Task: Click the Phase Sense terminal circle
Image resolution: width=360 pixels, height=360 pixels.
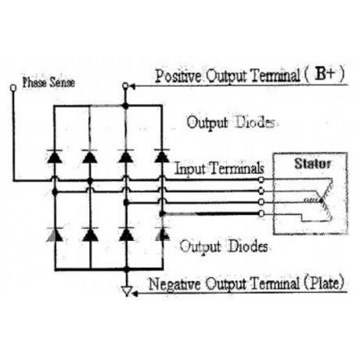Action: pyautogui.click(x=13, y=88)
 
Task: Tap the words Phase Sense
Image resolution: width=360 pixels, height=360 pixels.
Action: pyautogui.click(x=49, y=82)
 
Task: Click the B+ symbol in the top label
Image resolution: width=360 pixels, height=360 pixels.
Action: pyautogui.click(x=325, y=74)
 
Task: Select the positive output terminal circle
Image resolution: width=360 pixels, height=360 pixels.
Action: pyautogui.click(x=125, y=85)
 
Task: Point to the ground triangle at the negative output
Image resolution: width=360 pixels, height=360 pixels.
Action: pyautogui.click(x=127, y=291)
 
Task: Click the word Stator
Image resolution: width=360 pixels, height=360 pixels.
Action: pyautogui.click(x=312, y=164)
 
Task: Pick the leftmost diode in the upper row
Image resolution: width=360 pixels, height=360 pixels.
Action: pyautogui.click(x=55, y=157)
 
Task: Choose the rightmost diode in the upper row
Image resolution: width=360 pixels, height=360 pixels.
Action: pyautogui.click(x=162, y=156)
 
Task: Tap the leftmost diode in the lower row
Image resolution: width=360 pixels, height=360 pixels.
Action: pyautogui.click(x=55, y=234)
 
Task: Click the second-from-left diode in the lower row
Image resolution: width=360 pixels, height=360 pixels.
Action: pyautogui.click(x=90, y=234)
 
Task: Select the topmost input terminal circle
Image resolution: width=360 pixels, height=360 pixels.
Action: pyautogui.click(x=261, y=180)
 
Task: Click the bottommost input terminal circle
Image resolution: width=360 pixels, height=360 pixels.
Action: pyautogui.click(x=261, y=214)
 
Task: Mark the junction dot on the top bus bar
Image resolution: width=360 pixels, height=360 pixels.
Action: pyautogui.click(x=126, y=106)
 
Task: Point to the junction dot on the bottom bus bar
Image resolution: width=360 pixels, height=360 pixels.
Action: pyautogui.click(x=127, y=269)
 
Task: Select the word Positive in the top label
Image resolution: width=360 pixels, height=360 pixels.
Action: pyautogui.click(x=178, y=76)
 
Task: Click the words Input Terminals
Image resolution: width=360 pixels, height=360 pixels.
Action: pyautogui.click(x=219, y=168)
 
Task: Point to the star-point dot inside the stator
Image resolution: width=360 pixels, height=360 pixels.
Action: pyautogui.click(x=322, y=200)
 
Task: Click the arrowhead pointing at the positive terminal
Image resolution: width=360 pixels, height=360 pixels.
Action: pyautogui.click(x=132, y=86)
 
